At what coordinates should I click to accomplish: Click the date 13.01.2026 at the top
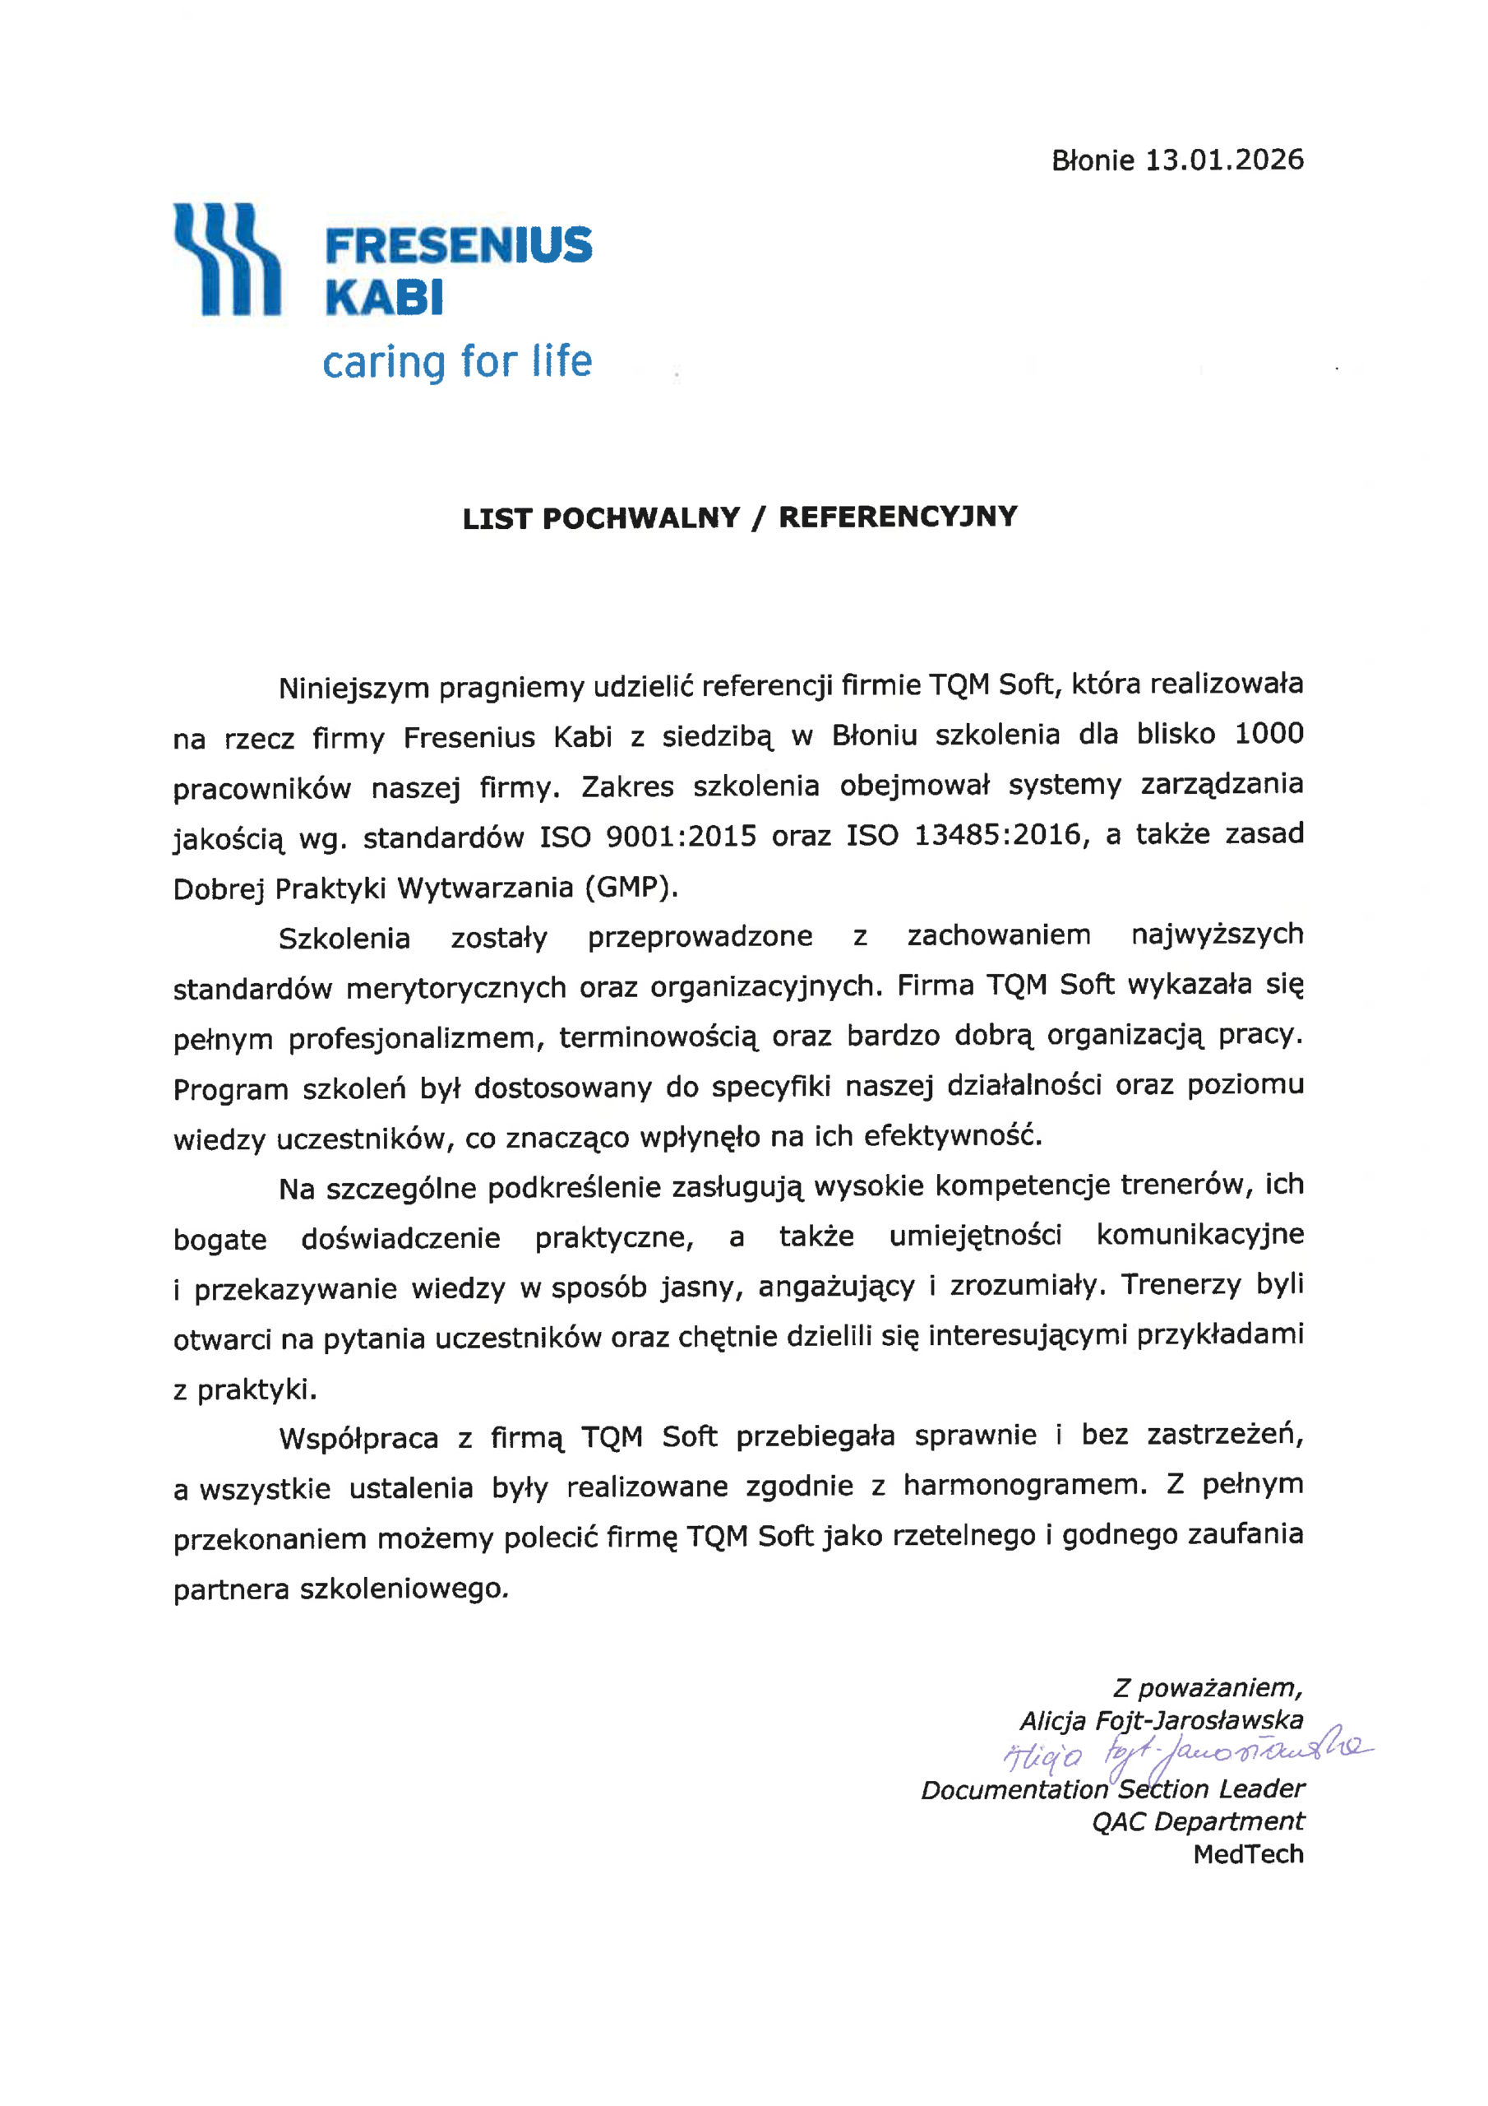1224,160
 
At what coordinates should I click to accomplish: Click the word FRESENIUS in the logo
459,246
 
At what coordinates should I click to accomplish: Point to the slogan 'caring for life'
456,361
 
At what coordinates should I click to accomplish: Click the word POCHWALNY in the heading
641,518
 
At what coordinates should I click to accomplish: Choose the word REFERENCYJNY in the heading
898,517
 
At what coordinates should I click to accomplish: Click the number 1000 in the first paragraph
1268,734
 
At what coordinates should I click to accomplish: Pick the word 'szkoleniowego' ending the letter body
404,1589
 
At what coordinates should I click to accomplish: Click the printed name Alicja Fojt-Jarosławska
1161,1721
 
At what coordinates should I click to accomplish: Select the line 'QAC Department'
1197,1821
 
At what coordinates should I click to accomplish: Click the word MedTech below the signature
1248,1854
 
